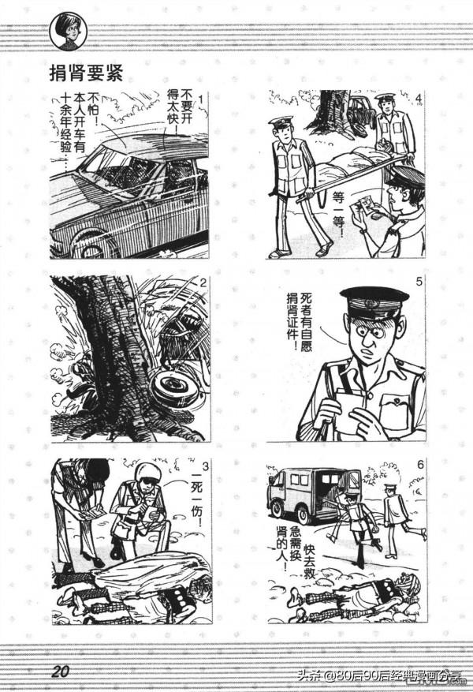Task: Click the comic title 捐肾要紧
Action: click(88, 73)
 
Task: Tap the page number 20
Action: click(61, 671)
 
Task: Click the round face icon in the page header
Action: click(66, 30)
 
